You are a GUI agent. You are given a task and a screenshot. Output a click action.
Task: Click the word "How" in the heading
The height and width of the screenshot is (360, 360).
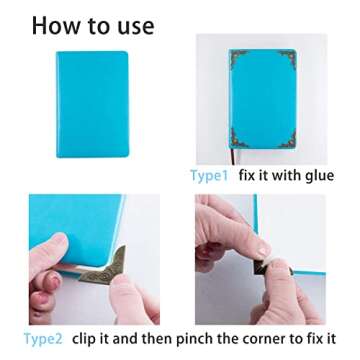pyautogui.click(x=56, y=24)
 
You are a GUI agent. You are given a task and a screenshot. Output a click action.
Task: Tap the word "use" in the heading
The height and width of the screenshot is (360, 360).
pyautogui.click(x=130, y=24)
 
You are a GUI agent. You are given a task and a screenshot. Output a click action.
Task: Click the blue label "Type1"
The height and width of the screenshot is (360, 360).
pyautogui.click(x=209, y=175)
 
